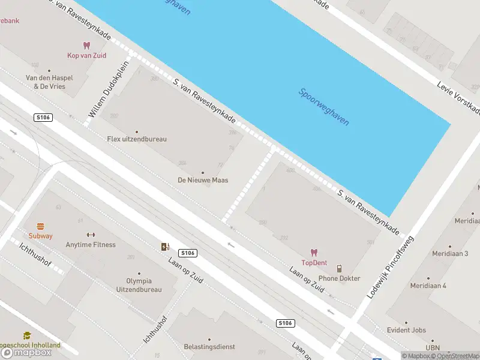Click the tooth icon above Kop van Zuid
[86, 45]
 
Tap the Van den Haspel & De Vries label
[45, 82]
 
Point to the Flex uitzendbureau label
[137, 139]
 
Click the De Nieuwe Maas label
[203, 180]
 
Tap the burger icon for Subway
[41, 226]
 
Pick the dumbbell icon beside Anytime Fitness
[91, 235]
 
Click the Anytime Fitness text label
[91, 244]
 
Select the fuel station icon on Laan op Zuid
[165, 247]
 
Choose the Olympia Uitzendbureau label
[139, 285]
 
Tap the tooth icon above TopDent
[314, 253]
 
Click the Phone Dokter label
[340, 278]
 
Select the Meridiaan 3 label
[450, 254]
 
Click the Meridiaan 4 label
[428, 286]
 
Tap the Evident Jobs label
[407, 330]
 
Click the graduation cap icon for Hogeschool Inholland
[26, 336]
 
